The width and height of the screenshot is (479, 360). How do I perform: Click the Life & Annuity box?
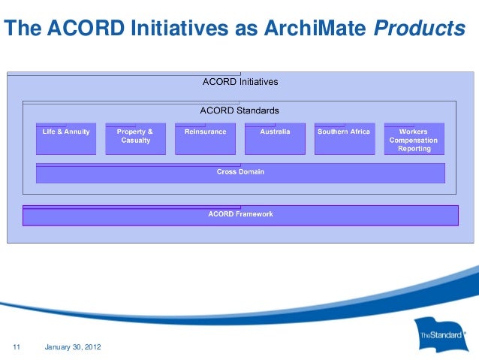tap(66, 138)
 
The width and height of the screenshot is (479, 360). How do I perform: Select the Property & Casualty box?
tap(135, 138)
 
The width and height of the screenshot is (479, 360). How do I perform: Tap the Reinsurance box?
tap(205, 138)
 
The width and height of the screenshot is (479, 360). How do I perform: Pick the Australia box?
tap(275, 138)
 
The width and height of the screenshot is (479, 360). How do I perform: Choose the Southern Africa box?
tap(344, 138)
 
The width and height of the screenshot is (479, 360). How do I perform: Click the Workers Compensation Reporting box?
tap(414, 139)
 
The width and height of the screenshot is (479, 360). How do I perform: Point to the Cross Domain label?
tap(240, 172)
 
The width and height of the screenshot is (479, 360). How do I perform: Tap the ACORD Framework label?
tap(240, 214)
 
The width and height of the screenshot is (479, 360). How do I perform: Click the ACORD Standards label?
tap(239, 110)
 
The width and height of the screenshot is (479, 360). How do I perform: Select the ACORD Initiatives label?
tap(240, 81)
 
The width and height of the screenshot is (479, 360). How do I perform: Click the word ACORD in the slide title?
tap(83, 28)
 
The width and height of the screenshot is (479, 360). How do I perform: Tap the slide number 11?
tap(17, 346)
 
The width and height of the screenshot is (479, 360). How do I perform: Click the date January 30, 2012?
tap(73, 346)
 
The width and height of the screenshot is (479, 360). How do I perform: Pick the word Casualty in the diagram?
tap(135, 141)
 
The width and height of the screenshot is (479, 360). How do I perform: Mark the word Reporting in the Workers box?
tap(414, 149)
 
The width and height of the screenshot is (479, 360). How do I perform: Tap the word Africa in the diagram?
tap(357, 132)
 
